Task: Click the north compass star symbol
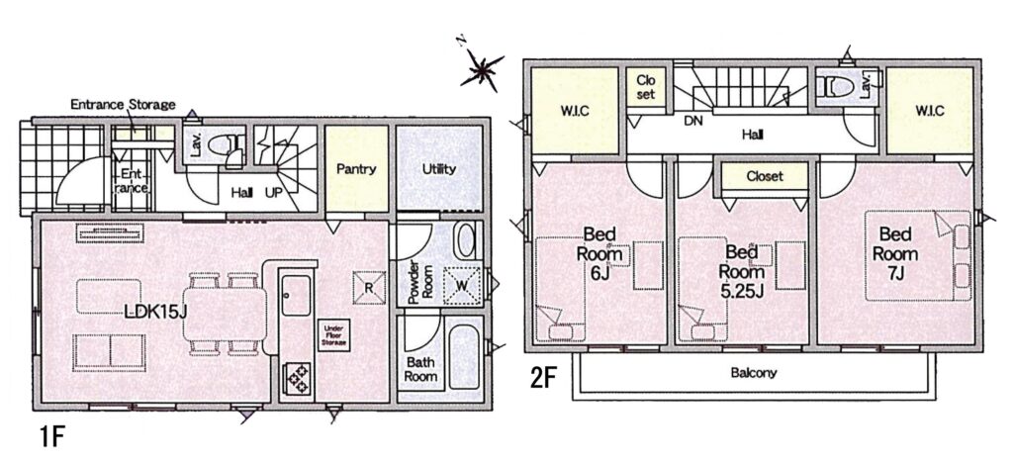tap(482, 70)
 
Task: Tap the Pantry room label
tap(356, 169)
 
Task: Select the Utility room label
tap(438, 169)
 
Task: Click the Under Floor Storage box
tap(334, 334)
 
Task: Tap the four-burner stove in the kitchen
tap(298, 377)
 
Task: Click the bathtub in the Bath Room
tap(464, 357)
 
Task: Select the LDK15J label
tap(155, 312)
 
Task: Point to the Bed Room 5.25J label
tap(742, 271)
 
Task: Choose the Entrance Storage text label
tap(123, 104)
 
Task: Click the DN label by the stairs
tap(693, 121)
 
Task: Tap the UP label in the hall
tap(273, 193)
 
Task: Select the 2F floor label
tap(543, 378)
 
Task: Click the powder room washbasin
tap(464, 240)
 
